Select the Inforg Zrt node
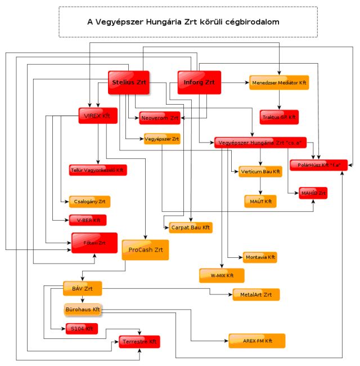coord(199,83)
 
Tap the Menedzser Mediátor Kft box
coord(280,83)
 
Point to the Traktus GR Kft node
coord(279,118)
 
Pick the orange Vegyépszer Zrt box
coord(162,138)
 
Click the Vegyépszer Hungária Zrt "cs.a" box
coord(260,142)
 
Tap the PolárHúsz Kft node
coord(318,165)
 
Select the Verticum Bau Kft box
coord(260,171)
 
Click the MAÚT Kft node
coord(260,200)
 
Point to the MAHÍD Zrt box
coord(313,193)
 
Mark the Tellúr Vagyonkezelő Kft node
coord(96,169)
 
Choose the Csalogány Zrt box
coord(90,202)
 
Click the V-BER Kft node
coord(88,220)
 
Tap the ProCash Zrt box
coord(145,249)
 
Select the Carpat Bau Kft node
coord(191,227)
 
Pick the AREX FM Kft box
coord(256,341)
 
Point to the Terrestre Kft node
coord(139,341)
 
